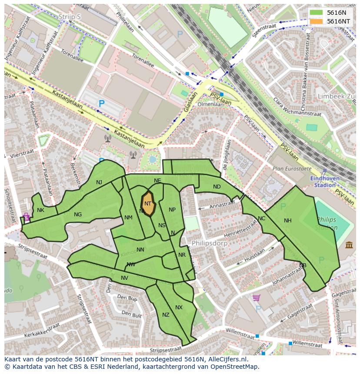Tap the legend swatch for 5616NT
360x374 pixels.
click(317, 21)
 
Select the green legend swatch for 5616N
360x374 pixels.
click(317, 13)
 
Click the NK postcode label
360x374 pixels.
click(40, 210)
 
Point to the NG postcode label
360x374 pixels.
click(78, 215)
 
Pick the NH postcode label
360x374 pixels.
click(287, 221)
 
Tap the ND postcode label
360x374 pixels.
click(217, 187)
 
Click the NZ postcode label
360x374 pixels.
click(166, 315)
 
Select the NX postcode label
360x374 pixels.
click(179, 308)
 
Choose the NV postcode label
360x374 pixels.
click(125, 278)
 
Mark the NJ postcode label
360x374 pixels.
click(99, 182)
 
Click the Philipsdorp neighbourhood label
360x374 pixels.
click(210, 243)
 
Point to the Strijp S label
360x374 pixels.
click(70, 17)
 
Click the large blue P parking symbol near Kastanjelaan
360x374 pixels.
click(101, 104)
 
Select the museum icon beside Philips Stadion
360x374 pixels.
click(349, 245)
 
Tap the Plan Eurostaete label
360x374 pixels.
click(292, 168)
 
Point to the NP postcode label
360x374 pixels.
click(172, 210)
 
